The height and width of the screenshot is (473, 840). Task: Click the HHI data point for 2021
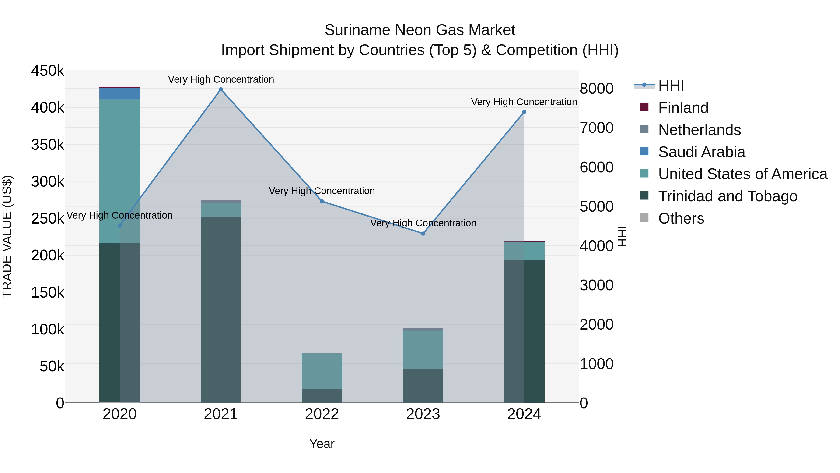(x=221, y=89)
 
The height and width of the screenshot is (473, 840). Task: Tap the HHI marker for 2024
(x=524, y=112)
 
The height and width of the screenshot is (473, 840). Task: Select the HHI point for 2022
(x=322, y=201)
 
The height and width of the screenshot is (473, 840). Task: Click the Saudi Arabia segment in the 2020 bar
(x=120, y=94)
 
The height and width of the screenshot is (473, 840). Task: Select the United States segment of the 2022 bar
(x=322, y=371)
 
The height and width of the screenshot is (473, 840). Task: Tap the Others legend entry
(x=681, y=218)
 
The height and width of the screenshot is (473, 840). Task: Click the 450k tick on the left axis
(x=48, y=71)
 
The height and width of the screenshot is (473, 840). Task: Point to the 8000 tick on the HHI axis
(x=596, y=89)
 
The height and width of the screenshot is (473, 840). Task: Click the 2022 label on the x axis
(x=322, y=414)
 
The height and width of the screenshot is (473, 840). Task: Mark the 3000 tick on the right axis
(x=596, y=285)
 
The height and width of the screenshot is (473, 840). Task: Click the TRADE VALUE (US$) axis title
(x=7, y=236)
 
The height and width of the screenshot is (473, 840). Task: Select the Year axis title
(x=322, y=444)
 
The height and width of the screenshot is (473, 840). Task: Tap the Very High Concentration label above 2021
(x=221, y=79)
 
